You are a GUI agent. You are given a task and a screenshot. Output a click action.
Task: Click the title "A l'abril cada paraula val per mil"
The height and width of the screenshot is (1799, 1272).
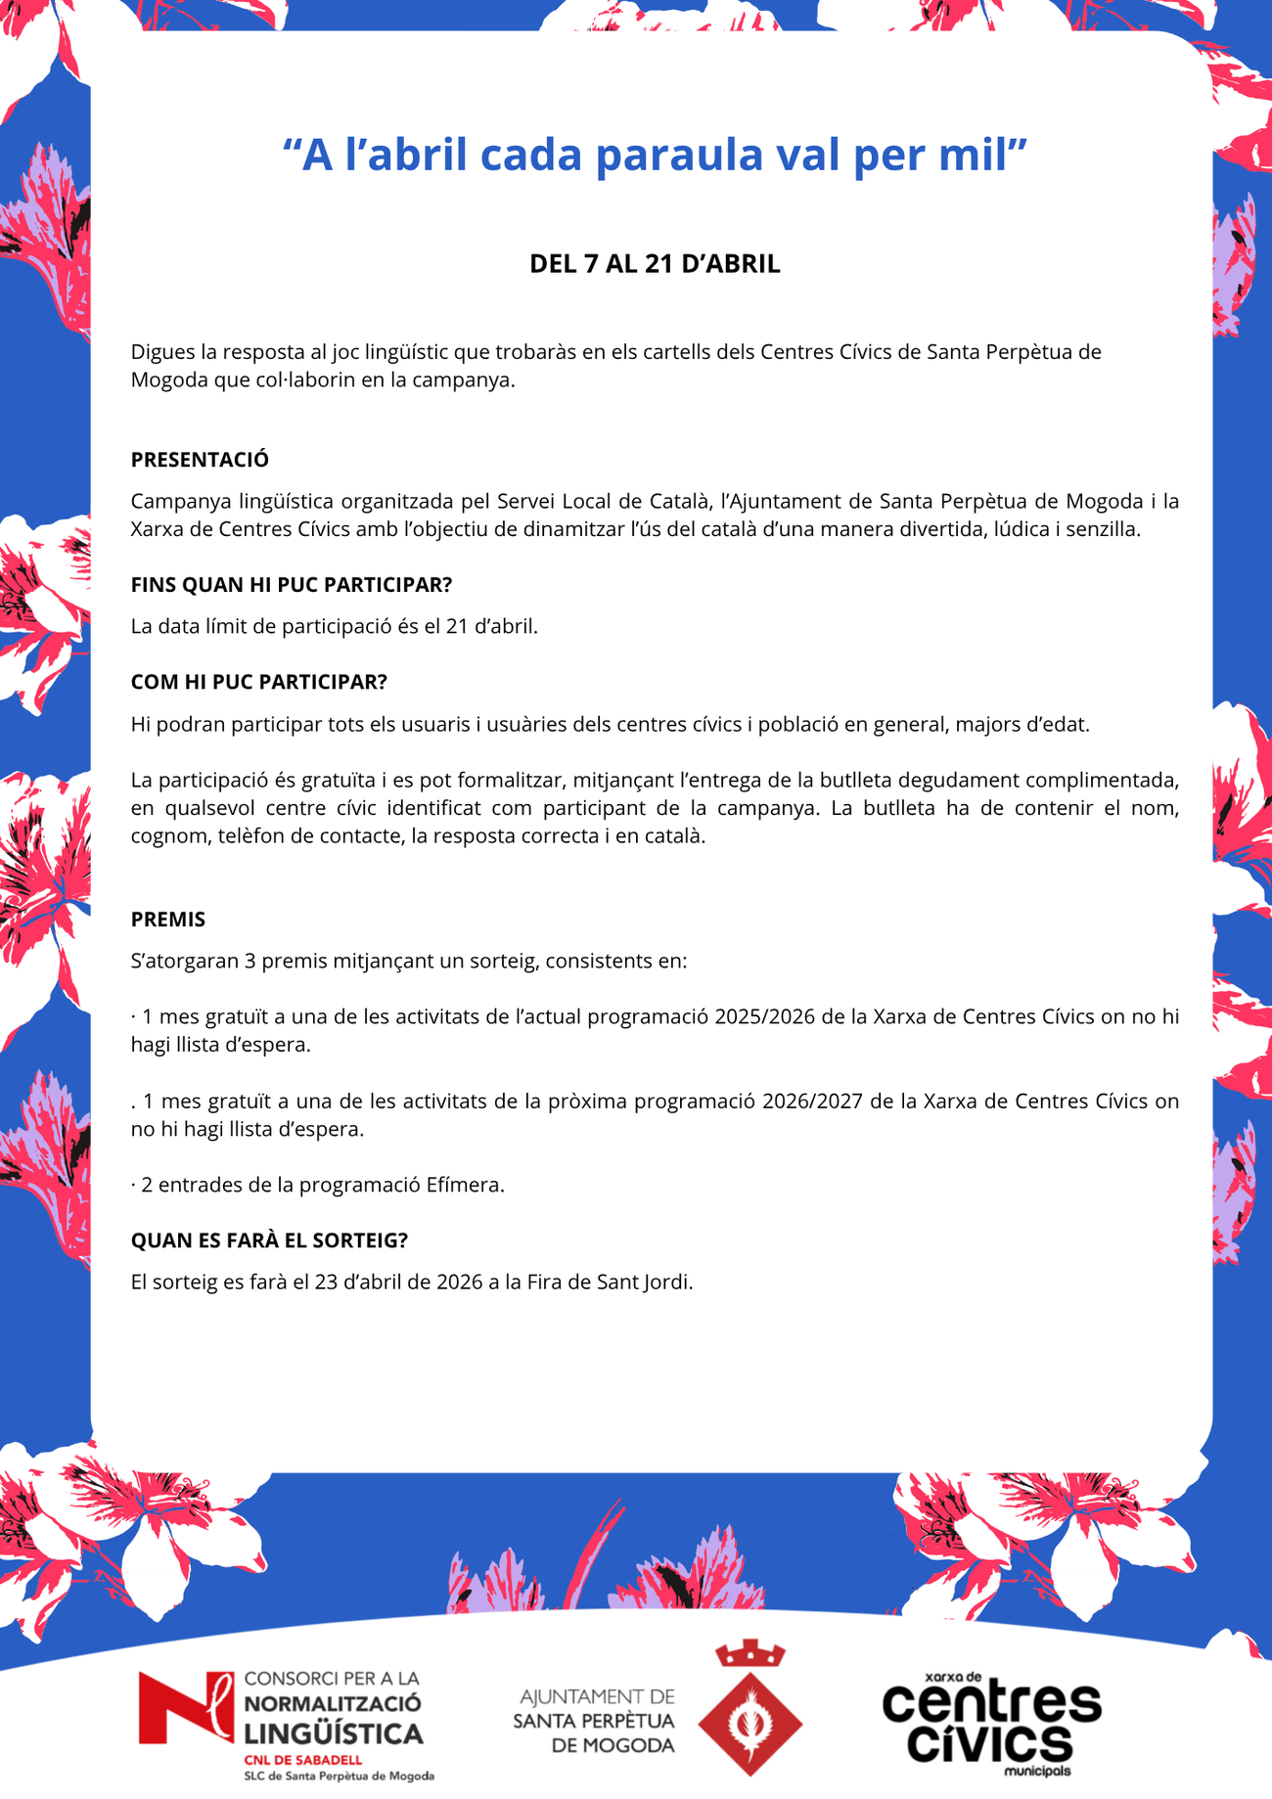click(655, 155)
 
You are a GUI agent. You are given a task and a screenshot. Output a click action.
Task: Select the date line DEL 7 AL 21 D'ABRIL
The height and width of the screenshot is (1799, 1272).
click(655, 264)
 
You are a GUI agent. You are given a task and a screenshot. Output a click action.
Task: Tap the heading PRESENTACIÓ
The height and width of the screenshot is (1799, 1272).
click(200, 460)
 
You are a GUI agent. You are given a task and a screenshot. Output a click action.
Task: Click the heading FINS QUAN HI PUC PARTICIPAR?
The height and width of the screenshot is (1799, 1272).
click(292, 585)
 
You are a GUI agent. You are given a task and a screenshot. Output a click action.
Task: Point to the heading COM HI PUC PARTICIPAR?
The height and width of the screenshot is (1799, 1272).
click(259, 682)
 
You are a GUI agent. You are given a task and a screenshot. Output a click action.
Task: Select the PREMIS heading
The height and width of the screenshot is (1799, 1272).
click(168, 920)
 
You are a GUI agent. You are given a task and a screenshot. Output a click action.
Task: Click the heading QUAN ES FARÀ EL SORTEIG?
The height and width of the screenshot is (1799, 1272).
click(269, 1240)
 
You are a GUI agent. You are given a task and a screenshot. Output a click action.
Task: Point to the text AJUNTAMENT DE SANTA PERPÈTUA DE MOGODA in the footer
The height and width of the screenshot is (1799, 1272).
click(594, 1721)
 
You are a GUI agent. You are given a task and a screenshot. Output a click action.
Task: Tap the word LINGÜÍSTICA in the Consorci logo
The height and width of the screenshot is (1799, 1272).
click(334, 1733)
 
